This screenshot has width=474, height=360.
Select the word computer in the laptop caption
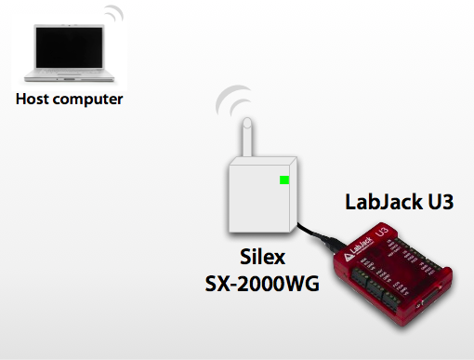click(88, 98)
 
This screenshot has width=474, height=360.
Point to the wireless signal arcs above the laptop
click(113, 16)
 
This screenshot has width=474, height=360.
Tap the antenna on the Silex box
click(247, 140)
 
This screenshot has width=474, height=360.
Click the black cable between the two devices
click(310, 233)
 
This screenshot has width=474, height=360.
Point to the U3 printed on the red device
click(379, 232)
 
